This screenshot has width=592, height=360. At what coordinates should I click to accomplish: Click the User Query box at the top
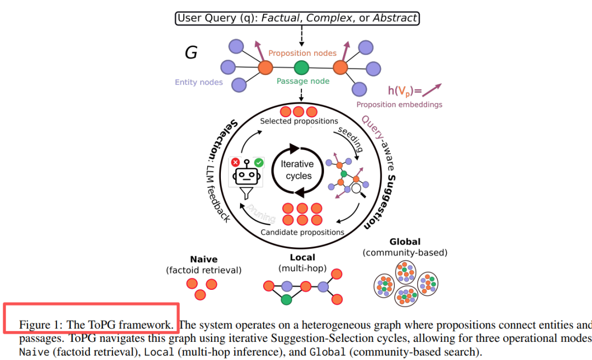(297, 18)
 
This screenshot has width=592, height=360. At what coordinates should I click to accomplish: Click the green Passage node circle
(301, 68)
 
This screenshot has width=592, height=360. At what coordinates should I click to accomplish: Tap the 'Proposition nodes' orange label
(302, 53)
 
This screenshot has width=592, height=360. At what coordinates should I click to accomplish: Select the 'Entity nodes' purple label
(199, 82)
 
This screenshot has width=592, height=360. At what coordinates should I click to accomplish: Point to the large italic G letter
(191, 53)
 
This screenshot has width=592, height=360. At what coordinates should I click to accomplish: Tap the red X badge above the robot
(236, 162)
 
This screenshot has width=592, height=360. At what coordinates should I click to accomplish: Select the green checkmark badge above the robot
(259, 162)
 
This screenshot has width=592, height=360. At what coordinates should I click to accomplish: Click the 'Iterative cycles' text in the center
(298, 170)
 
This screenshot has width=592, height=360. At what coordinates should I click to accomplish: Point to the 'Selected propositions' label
(299, 121)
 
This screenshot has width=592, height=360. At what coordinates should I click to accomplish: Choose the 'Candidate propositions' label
(302, 232)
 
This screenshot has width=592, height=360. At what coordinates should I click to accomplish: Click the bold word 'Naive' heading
(203, 259)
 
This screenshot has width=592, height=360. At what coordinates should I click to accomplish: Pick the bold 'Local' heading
(302, 257)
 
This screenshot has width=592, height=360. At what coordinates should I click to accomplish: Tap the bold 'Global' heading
(405, 242)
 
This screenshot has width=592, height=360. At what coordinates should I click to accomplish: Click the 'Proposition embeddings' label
(399, 105)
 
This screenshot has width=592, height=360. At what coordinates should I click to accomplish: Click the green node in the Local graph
(286, 300)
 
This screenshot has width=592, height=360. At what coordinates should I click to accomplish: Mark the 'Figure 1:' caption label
(42, 325)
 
